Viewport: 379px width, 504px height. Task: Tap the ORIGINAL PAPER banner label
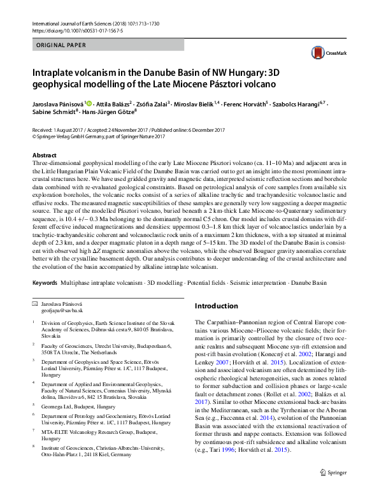click(x=61, y=45)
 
